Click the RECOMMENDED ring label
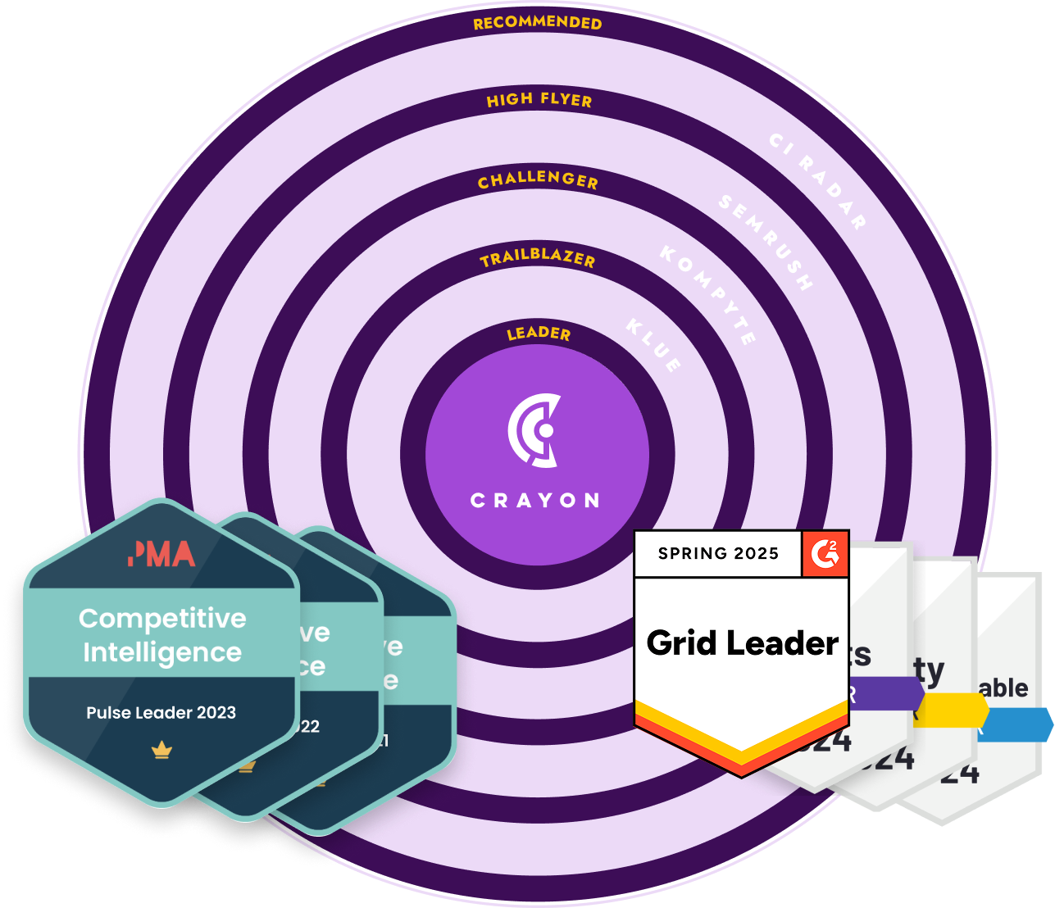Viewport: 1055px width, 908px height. pos(537,23)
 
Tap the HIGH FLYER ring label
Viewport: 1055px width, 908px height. pos(539,100)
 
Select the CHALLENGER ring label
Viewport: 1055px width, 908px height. pos(538,180)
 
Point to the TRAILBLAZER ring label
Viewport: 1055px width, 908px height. pos(538,258)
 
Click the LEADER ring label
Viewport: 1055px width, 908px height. pos(539,334)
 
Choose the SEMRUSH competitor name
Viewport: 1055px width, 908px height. pos(766,243)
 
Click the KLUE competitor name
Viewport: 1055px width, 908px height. pos(653,345)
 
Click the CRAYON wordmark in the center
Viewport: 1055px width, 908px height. pos(534,501)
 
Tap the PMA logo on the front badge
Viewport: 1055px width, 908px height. pos(161,555)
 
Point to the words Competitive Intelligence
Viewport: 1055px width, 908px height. pos(162,635)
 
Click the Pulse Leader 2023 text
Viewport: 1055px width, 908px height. pos(161,713)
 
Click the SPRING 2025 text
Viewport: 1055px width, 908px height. pos(718,553)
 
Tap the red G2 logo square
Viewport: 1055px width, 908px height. pos(825,553)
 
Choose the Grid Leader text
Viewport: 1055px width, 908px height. pos(743,643)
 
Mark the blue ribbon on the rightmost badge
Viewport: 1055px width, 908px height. pos(1016,724)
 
